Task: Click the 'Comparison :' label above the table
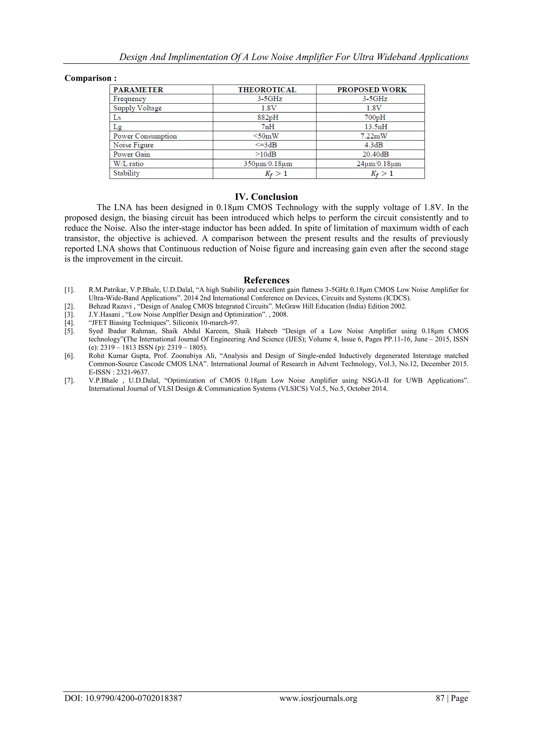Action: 91,78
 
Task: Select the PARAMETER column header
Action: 138,90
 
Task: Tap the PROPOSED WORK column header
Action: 372,90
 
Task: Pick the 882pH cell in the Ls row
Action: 268,117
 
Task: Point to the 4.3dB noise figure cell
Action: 373,145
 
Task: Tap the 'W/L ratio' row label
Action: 128,164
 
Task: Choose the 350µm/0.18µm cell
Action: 268,164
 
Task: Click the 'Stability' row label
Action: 126,173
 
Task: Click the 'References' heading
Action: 266,280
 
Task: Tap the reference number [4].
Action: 69,322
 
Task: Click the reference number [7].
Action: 69,380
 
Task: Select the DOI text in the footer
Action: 123,698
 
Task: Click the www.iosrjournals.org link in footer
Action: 318,698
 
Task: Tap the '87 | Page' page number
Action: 452,698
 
